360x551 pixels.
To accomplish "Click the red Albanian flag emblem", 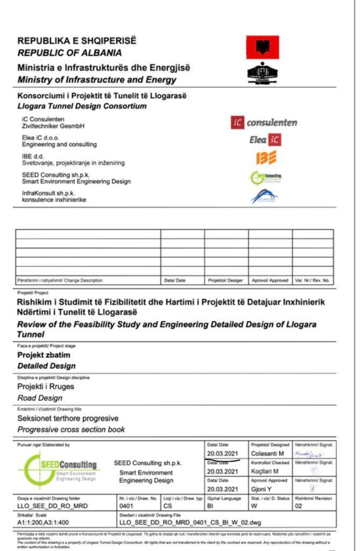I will coord(263,47).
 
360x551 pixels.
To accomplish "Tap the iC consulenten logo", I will coord(264,123).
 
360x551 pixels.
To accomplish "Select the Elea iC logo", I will coord(265,140).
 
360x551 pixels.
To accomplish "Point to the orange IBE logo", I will coord(266,158).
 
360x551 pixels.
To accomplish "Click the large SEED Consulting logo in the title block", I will coord(59,468).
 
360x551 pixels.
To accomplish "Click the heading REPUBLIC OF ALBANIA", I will coord(69,53).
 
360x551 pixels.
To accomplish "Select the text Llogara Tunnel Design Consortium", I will coord(82,106).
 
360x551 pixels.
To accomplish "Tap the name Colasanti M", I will coord(267,455).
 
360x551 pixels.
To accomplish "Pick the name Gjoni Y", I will coord(262,489).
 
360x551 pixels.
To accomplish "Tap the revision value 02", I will coord(299,506).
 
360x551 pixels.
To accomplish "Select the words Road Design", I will coord(40,398).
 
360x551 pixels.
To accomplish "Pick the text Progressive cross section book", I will coord(71,429).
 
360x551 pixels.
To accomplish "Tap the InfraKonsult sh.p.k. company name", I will coord(48,193).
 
